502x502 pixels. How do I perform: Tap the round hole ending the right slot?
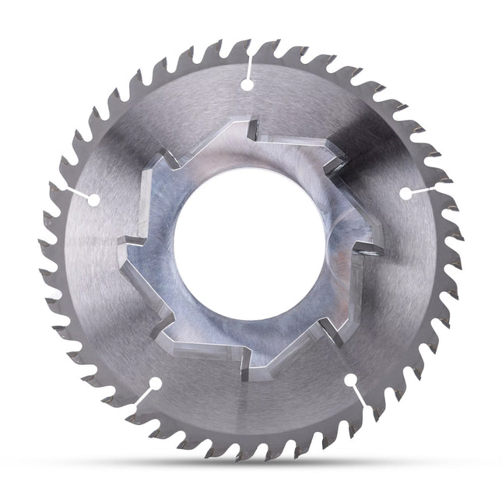[405, 191]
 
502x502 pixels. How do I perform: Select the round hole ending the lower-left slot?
[156, 383]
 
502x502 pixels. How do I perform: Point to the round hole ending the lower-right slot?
[351, 380]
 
